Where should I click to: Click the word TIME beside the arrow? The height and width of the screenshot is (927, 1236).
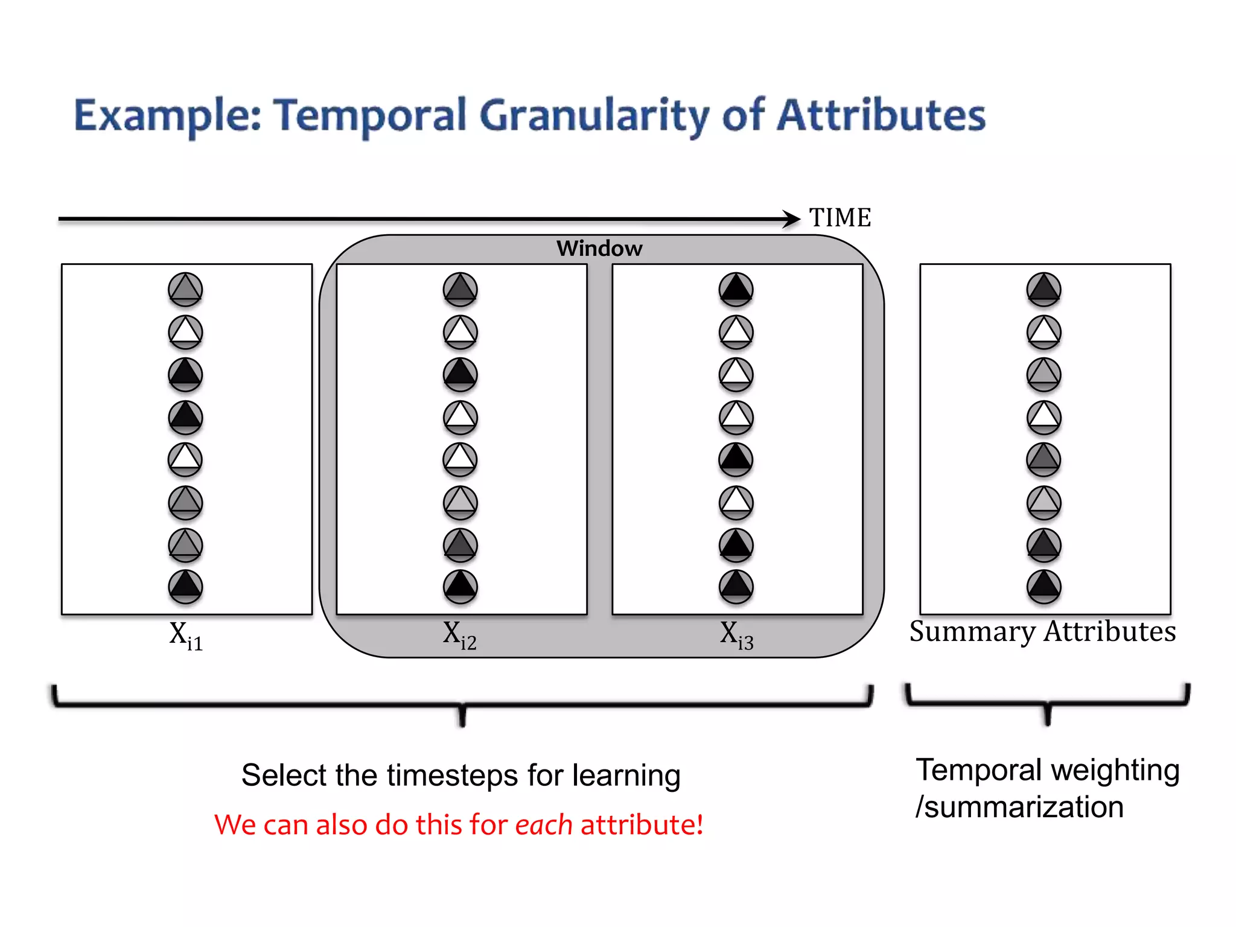pyautogui.click(x=839, y=217)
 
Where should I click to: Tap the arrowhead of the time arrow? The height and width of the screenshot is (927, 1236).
pyautogui.click(x=792, y=218)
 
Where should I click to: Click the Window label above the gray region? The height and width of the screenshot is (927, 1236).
pyautogui.click(x=599, y=248)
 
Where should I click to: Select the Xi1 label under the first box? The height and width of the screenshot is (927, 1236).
pyautogui.click(x=186, y=636)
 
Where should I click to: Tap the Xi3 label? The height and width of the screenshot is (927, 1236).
pyautogui.click(x=736, y=636)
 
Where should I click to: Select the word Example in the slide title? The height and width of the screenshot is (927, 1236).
pyautogui.click(x=167, y=116)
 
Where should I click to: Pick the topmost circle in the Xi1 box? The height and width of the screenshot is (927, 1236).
pyautogui.click(x=185, y=289)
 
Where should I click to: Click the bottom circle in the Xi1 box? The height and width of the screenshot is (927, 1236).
pyautogui.click(x=185, y=586)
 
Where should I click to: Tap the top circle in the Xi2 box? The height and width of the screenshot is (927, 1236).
pyautogui.click(x=460, y=289)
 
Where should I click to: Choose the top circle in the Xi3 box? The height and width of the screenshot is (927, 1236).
pyautogui.click(x=736, y=289)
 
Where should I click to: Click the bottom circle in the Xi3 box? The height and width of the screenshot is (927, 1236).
pyautogui.click(x=736, y=586)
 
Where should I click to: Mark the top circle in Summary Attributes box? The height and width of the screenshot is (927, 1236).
pyautogui.click(x=1044, y=289)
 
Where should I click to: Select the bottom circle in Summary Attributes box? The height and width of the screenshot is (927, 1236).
pyautogui.click(x=1044, y=586)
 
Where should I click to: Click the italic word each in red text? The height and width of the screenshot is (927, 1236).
pyautogui.click(x=543, y=824)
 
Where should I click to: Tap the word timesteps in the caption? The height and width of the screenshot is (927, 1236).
pyautogui.click(x=452, y=775)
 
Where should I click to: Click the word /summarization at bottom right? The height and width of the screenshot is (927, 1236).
pyautogui.click(x=1019, y=807)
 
